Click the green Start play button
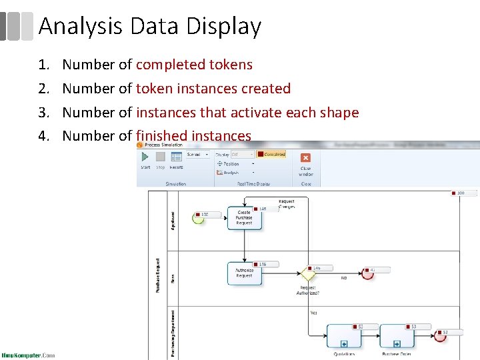pos(145,157)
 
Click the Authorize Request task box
pos(244,273)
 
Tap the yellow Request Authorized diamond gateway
pos(308,273)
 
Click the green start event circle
pos(197,218)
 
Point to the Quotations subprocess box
pos(344,337)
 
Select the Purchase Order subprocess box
pos(397,337)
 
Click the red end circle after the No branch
pos(367,273)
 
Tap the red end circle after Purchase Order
pos(441,336)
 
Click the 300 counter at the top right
pos(464,193)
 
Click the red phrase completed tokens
pos(194,65)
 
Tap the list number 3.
pos(44,112)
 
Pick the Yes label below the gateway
pos(313,313)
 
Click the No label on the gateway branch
pos(344,277)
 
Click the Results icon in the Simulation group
pos(177,160)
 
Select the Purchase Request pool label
pos(158,275)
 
